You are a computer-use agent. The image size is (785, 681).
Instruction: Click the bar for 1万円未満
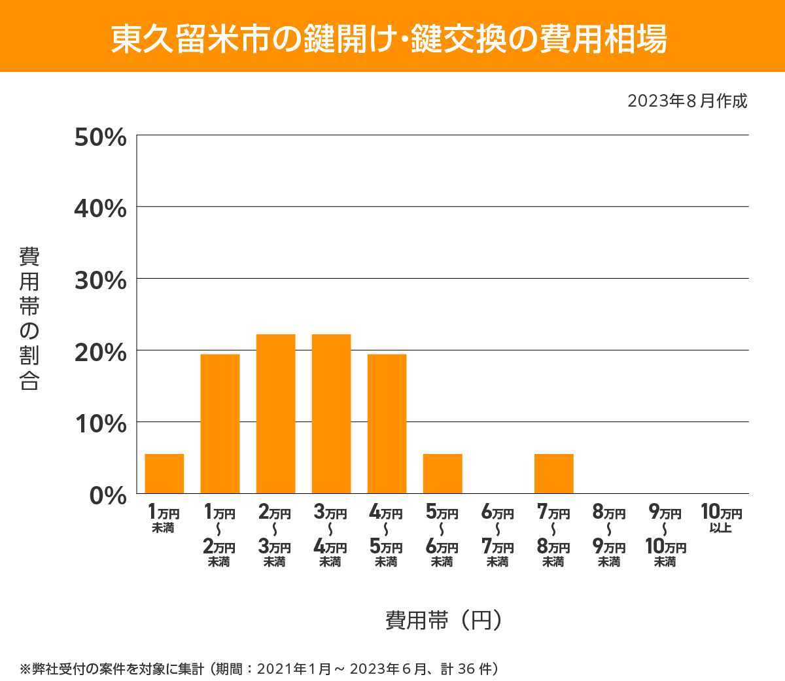pos(164,474)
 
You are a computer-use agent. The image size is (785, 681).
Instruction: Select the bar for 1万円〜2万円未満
pos(220,423)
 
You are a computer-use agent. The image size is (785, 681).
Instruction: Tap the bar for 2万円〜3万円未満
pos(275,413)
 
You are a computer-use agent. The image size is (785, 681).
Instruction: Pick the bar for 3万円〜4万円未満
pos(331,413)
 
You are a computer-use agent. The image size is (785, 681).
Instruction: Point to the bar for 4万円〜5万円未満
pos(387,423)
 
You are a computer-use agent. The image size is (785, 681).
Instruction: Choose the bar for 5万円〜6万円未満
pos(442,474)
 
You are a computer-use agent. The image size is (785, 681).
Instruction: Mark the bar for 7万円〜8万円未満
pos(553,474)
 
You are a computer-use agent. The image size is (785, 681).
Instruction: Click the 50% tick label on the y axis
pos(101,137)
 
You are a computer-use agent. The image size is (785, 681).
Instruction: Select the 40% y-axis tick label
pos(101,209)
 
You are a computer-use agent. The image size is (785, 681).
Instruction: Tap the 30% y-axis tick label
pos(101,281)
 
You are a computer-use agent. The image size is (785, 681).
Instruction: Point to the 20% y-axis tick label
pos(101,352)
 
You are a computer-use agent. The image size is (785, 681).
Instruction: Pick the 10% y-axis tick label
pos(101,424)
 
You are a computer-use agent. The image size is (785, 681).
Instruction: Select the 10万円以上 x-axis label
pos(721,518)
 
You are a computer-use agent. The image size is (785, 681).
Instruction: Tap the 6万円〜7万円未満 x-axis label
pos(498,536)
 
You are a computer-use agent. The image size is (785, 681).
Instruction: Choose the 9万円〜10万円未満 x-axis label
pos(665,536)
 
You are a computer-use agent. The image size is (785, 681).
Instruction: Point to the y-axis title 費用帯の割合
pos(29,319)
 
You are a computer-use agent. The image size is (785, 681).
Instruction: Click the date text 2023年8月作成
pos(687,101)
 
